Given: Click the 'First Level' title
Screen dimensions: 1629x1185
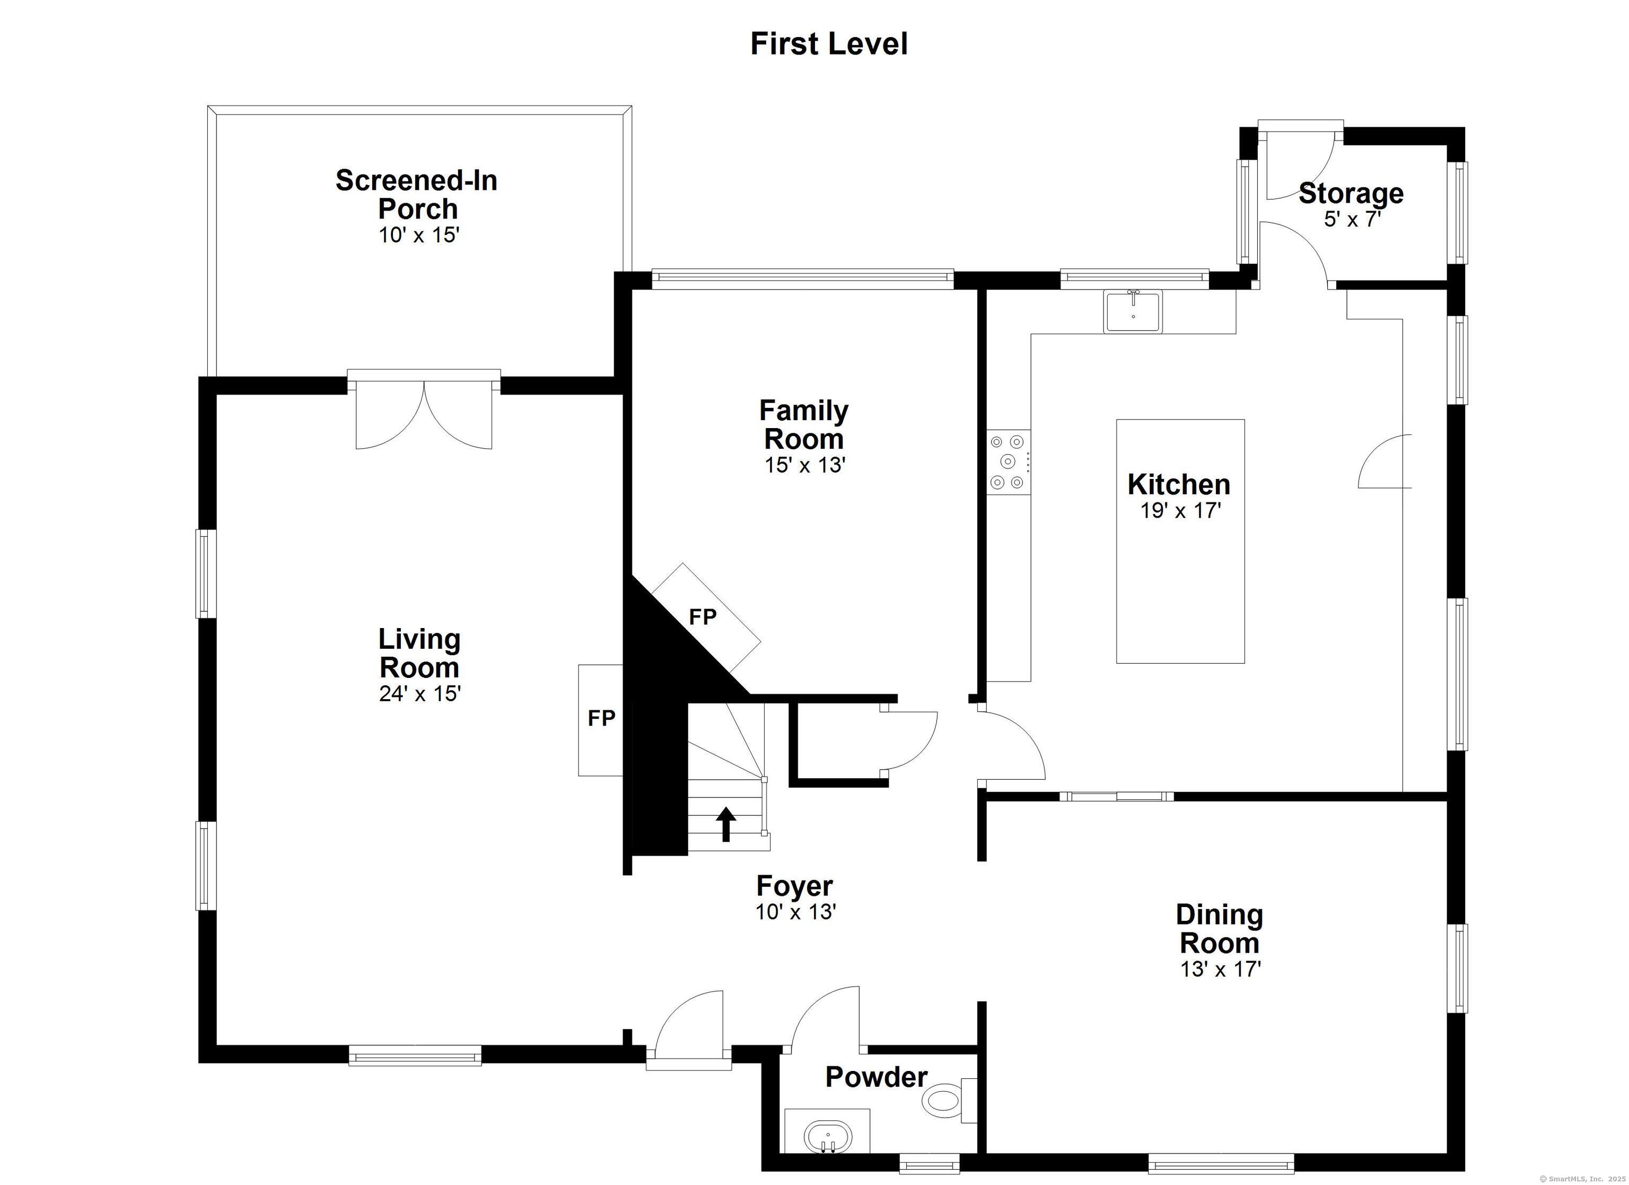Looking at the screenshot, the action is [829, 44].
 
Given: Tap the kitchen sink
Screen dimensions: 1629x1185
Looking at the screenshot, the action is [1133, 312].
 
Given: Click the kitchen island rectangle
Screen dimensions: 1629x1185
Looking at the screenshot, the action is [1180, 541].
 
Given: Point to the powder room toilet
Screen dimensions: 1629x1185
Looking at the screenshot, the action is [948, 1100].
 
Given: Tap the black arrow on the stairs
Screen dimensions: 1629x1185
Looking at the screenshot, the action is [726, 824].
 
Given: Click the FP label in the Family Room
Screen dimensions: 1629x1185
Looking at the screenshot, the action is [703, 616].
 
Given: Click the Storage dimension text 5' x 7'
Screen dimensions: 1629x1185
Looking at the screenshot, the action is [1353, 219].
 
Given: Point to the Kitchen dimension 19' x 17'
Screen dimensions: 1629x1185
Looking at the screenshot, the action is [1180, 511].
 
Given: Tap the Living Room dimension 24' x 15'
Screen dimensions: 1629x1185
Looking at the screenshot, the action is [419, 693].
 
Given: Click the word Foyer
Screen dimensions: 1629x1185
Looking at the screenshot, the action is [794, 886].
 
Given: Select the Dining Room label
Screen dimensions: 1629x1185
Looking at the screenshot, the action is [1220, 928].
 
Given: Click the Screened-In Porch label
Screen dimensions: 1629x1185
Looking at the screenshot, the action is [417, 194].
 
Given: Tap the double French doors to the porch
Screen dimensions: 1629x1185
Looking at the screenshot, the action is [424, 409].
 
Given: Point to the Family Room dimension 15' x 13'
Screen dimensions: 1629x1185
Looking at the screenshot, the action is [804, 466].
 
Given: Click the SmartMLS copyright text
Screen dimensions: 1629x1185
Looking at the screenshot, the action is [1584, 1179].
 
